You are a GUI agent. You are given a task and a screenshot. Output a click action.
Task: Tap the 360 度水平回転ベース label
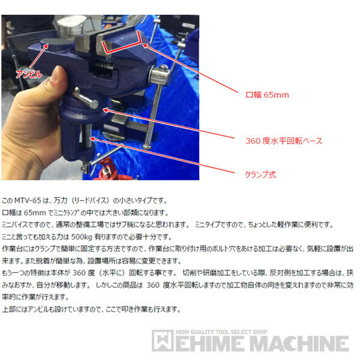pyautogui.click(x=284, y=141)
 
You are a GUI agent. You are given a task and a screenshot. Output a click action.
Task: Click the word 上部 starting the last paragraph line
pyautogui.click(x=9, y=310)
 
